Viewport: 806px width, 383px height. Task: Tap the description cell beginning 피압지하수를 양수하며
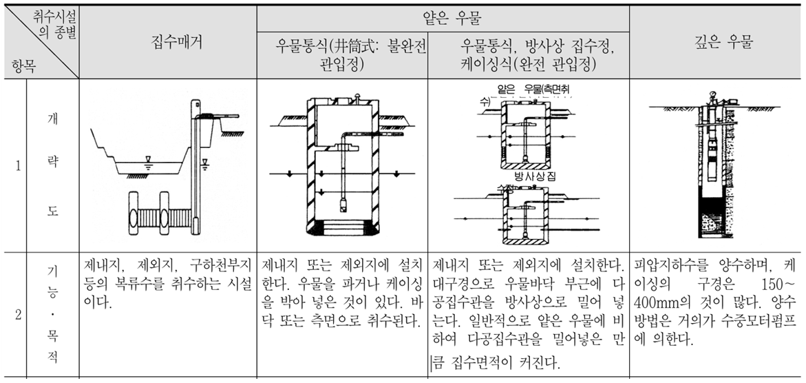click(717, 303)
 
